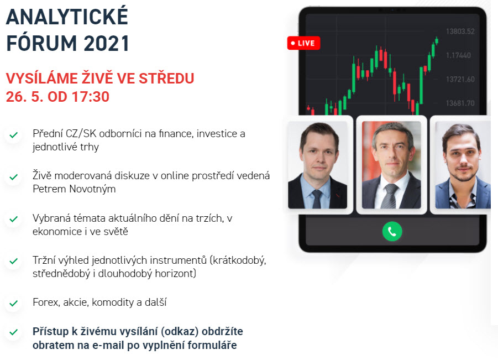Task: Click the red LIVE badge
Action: pos(303,43)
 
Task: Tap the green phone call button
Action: pos(392,231)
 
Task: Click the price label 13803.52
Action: pos(460,31)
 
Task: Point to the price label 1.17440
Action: pos(458,55)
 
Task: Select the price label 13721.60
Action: pos(460,79)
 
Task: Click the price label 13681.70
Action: pos(460,103)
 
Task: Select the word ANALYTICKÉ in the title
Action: pos(67,16)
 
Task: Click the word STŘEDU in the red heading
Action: pos(166,78)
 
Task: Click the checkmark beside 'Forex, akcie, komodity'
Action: pos(13,303)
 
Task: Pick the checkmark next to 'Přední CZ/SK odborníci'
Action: pos(13,135)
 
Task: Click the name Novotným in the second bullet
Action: pos(92,189)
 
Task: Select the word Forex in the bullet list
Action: pos(46,302)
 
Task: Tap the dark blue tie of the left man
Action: pos(317,199)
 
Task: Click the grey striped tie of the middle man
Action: pos(389,196)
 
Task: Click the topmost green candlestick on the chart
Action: pos(437,41)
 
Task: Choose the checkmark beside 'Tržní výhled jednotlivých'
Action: pos(13,261)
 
